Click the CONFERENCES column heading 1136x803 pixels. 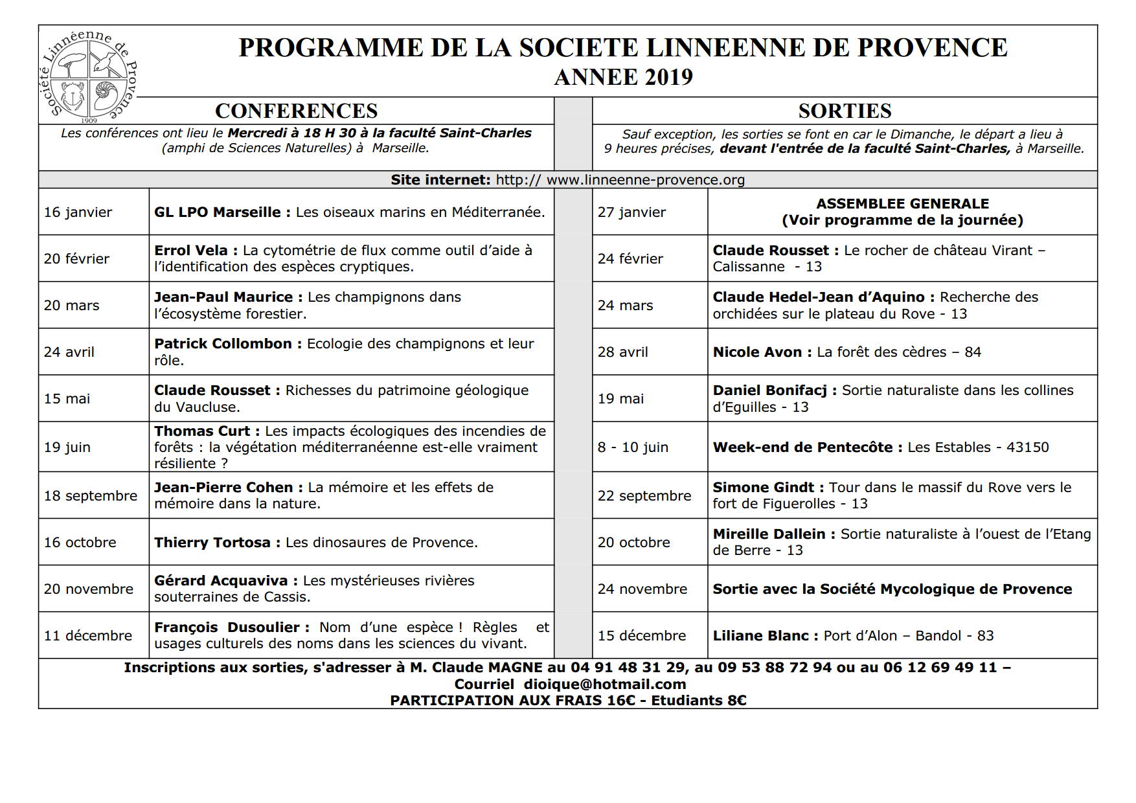tap(296, 111)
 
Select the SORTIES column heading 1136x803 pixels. tap(845, 111)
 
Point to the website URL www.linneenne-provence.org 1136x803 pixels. tap(645, 180)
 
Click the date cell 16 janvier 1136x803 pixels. tap(78, 212)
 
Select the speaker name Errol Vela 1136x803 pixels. tap(191, 251)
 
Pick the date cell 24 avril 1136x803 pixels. tap(69, 352)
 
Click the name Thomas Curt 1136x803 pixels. tap(202, 431)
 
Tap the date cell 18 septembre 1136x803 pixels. tap(91, 496)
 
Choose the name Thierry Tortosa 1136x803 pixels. tap(212, 543)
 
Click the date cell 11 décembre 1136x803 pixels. tap(88, 636)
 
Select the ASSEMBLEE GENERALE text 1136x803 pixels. tap(902, 204)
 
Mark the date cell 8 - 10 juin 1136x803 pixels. tap(633, 447)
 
